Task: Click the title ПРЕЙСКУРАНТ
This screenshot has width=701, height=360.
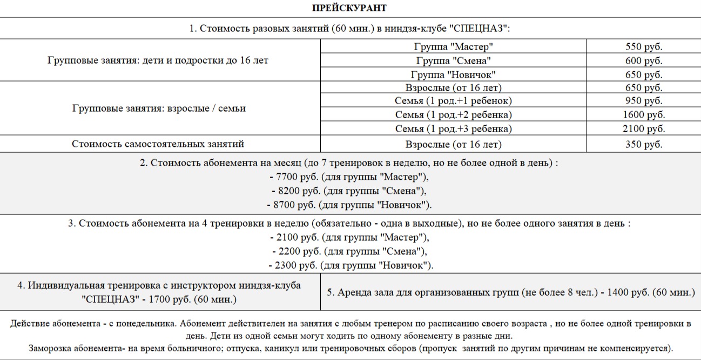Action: [x=349, y=8]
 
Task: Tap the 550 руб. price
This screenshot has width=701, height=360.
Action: [x=643, y=46]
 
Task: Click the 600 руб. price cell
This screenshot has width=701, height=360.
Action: [x=643, y=60]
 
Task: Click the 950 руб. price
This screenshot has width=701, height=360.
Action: [x=643, y=101]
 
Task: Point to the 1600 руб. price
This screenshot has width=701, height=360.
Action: [x=643, y=115]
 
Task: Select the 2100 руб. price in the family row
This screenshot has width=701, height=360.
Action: [x=643, y=129]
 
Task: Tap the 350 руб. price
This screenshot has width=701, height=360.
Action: [x=643, y=144]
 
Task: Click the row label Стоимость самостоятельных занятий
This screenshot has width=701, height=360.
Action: [x=158, y=144]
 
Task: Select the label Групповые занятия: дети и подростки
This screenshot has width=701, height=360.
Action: [x=158, y=60]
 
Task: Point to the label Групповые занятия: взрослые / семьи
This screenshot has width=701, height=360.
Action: [x=159, y=108]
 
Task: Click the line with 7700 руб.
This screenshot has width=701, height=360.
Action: [x=350, y=176]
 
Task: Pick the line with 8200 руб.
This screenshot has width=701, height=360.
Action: [x=350, y=191]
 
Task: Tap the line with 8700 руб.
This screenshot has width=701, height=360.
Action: [x=350, y=205]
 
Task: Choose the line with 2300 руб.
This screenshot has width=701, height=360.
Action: [x=350, y=265]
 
